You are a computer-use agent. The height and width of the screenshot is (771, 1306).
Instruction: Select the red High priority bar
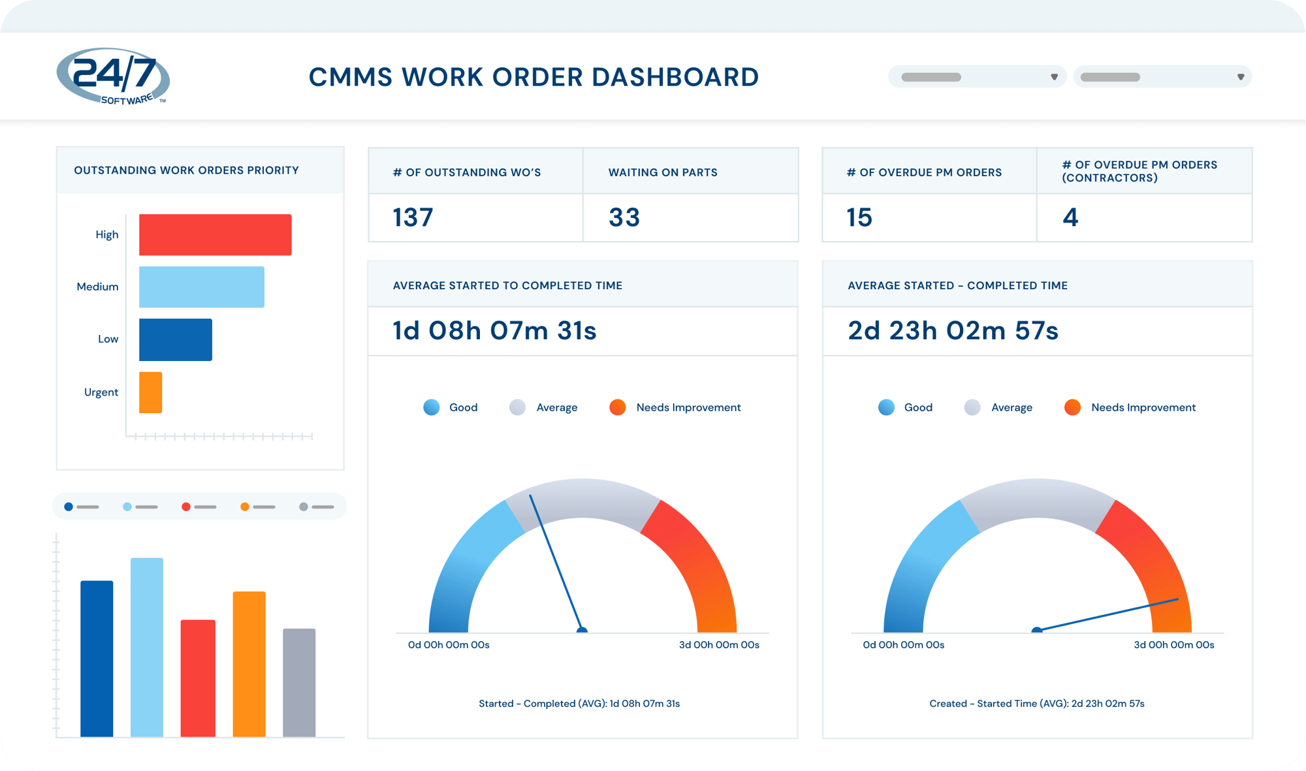point(215,234)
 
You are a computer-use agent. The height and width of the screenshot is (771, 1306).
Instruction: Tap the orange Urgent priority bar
point(150,392)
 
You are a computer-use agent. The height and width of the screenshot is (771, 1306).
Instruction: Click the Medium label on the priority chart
point(97,287)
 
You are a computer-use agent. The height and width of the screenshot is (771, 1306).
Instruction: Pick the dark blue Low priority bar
point(175,339)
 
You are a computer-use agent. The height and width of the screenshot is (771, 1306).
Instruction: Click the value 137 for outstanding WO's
point(413,217)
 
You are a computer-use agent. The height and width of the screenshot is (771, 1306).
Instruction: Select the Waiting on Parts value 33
point(624,217)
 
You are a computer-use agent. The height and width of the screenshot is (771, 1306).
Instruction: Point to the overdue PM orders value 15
point(859,217)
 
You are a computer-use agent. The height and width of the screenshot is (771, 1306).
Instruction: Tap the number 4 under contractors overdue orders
point(1070,217)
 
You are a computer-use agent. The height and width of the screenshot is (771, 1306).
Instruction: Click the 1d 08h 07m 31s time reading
point(494,331)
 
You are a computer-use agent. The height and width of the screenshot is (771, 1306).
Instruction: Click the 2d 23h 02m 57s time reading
point(953,331)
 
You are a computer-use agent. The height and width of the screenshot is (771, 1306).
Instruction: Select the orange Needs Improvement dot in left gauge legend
point(617,407)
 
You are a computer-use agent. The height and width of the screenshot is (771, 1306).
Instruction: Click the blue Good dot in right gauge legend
point(886,407)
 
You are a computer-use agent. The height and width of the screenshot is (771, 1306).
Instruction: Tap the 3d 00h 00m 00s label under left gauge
point(719,645)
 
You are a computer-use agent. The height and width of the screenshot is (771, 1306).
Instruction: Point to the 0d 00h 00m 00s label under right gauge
point(903,645)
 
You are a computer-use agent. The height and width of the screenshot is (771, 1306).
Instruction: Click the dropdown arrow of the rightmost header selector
point(1240,77)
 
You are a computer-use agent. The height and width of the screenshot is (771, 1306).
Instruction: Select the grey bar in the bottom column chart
point(299,682)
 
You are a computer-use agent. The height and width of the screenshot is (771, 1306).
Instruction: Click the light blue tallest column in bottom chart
point(147,646)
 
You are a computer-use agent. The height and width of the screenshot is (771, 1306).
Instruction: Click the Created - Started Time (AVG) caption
point(1036,704)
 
